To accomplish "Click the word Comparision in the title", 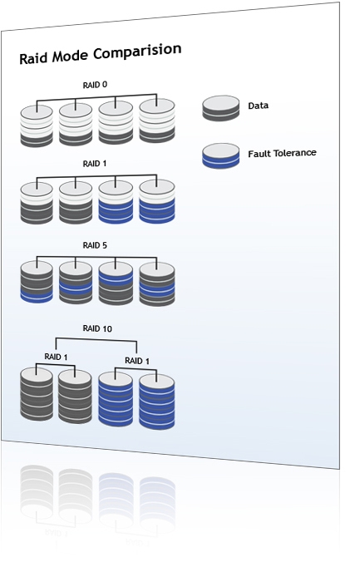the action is (x=137, y=52).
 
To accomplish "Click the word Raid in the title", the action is (x=33, y=58).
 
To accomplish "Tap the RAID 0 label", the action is (x=95, y=85).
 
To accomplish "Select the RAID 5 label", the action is (x=95, y=245).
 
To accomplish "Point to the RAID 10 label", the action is (x=97, y=328).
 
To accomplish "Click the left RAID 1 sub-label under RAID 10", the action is (x=56, y=357).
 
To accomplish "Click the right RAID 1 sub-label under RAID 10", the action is (x=137, y=361).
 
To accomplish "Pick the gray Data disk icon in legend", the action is (x=220, y=108).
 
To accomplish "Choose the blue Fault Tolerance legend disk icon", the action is (x=220, y=156).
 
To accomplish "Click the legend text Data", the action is (x=259, y=106).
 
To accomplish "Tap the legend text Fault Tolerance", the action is (x=282, y=154).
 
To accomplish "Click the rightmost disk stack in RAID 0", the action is (x=157, y=121).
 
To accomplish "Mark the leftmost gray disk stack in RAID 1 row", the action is (x=37, y=203).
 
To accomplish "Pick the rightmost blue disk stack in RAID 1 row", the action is (x=157, y=201).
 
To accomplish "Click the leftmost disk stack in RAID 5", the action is (x=37, y=282).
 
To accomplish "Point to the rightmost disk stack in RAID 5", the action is (x=157, y=283).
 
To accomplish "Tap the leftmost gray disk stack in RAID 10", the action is (x=37, y=393).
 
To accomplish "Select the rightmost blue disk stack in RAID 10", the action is (x=157, y=402).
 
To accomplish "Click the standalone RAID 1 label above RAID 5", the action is (x=95, y=164).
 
